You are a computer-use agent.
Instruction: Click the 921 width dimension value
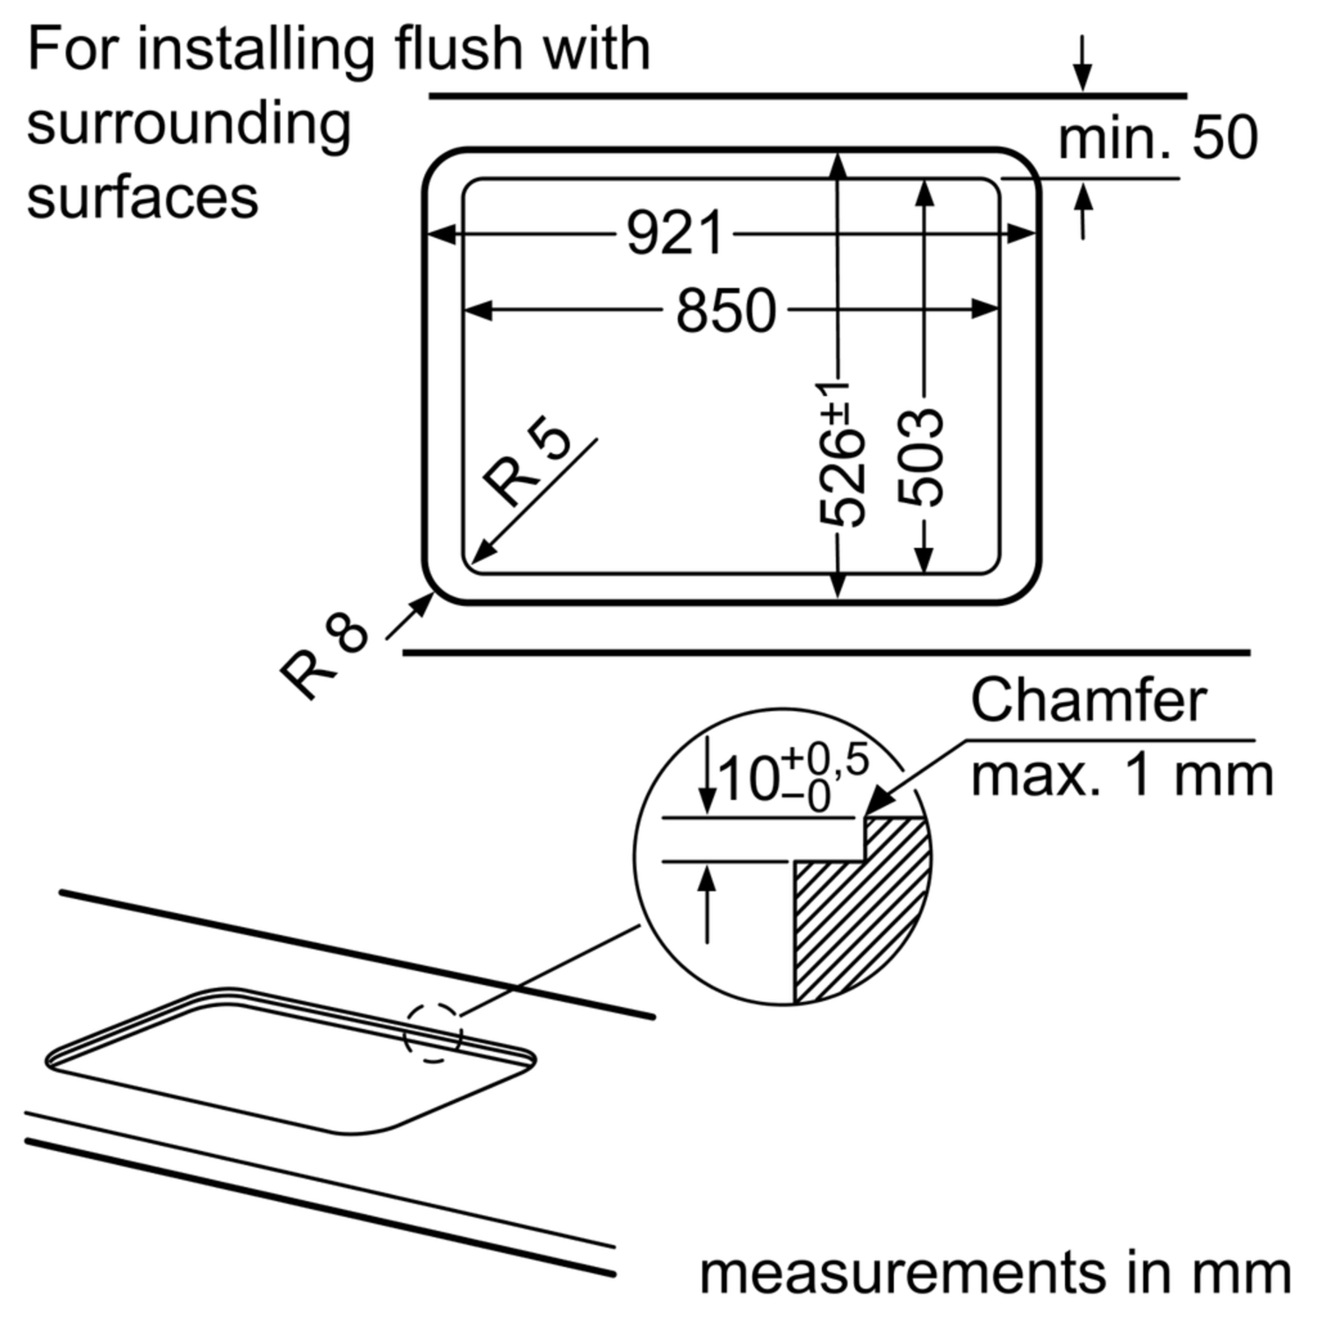674,234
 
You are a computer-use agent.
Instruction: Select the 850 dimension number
726,310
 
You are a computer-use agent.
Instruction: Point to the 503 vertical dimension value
920,457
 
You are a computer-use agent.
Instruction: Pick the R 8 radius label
325,654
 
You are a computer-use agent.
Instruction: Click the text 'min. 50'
1157,138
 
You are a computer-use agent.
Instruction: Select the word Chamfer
1089,701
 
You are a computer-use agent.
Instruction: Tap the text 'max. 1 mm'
1121,775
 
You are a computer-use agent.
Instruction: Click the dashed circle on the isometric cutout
433,1033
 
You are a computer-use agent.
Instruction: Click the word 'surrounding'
189,126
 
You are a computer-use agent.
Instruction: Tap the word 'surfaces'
143,197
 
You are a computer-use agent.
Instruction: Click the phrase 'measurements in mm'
995,1272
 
